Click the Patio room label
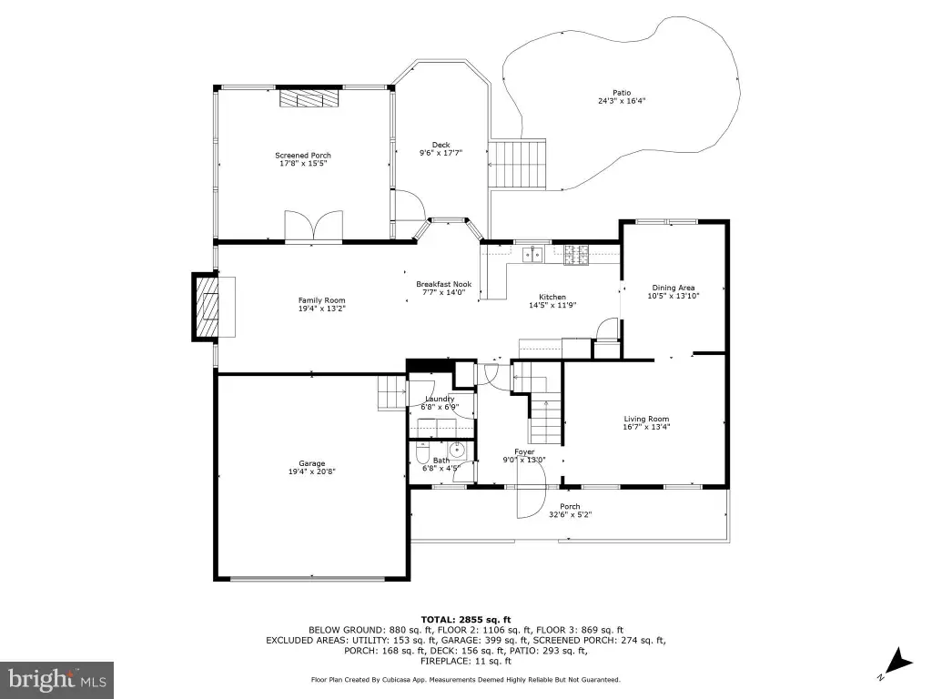pos(622,93)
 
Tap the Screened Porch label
pos(303,155)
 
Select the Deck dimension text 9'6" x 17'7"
pos(441,153)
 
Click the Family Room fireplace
pos(206,307)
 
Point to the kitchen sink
pos(532,255)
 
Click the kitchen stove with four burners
pos(576,255)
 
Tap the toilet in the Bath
pos(422,453)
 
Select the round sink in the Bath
pos(458,450)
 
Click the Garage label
pos(312,463)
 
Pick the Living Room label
pos(646,419)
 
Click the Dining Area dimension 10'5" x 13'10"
pos(674,296)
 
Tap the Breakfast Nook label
pos(444,284)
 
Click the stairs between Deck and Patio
pos(517,165)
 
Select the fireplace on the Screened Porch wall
pos(309,98)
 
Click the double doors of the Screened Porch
pos(314,226)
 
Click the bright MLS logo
pos(56,679)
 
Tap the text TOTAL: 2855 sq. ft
pos(466,619)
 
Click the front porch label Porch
pos(570,506)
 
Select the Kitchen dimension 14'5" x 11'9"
pos(552,305)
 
